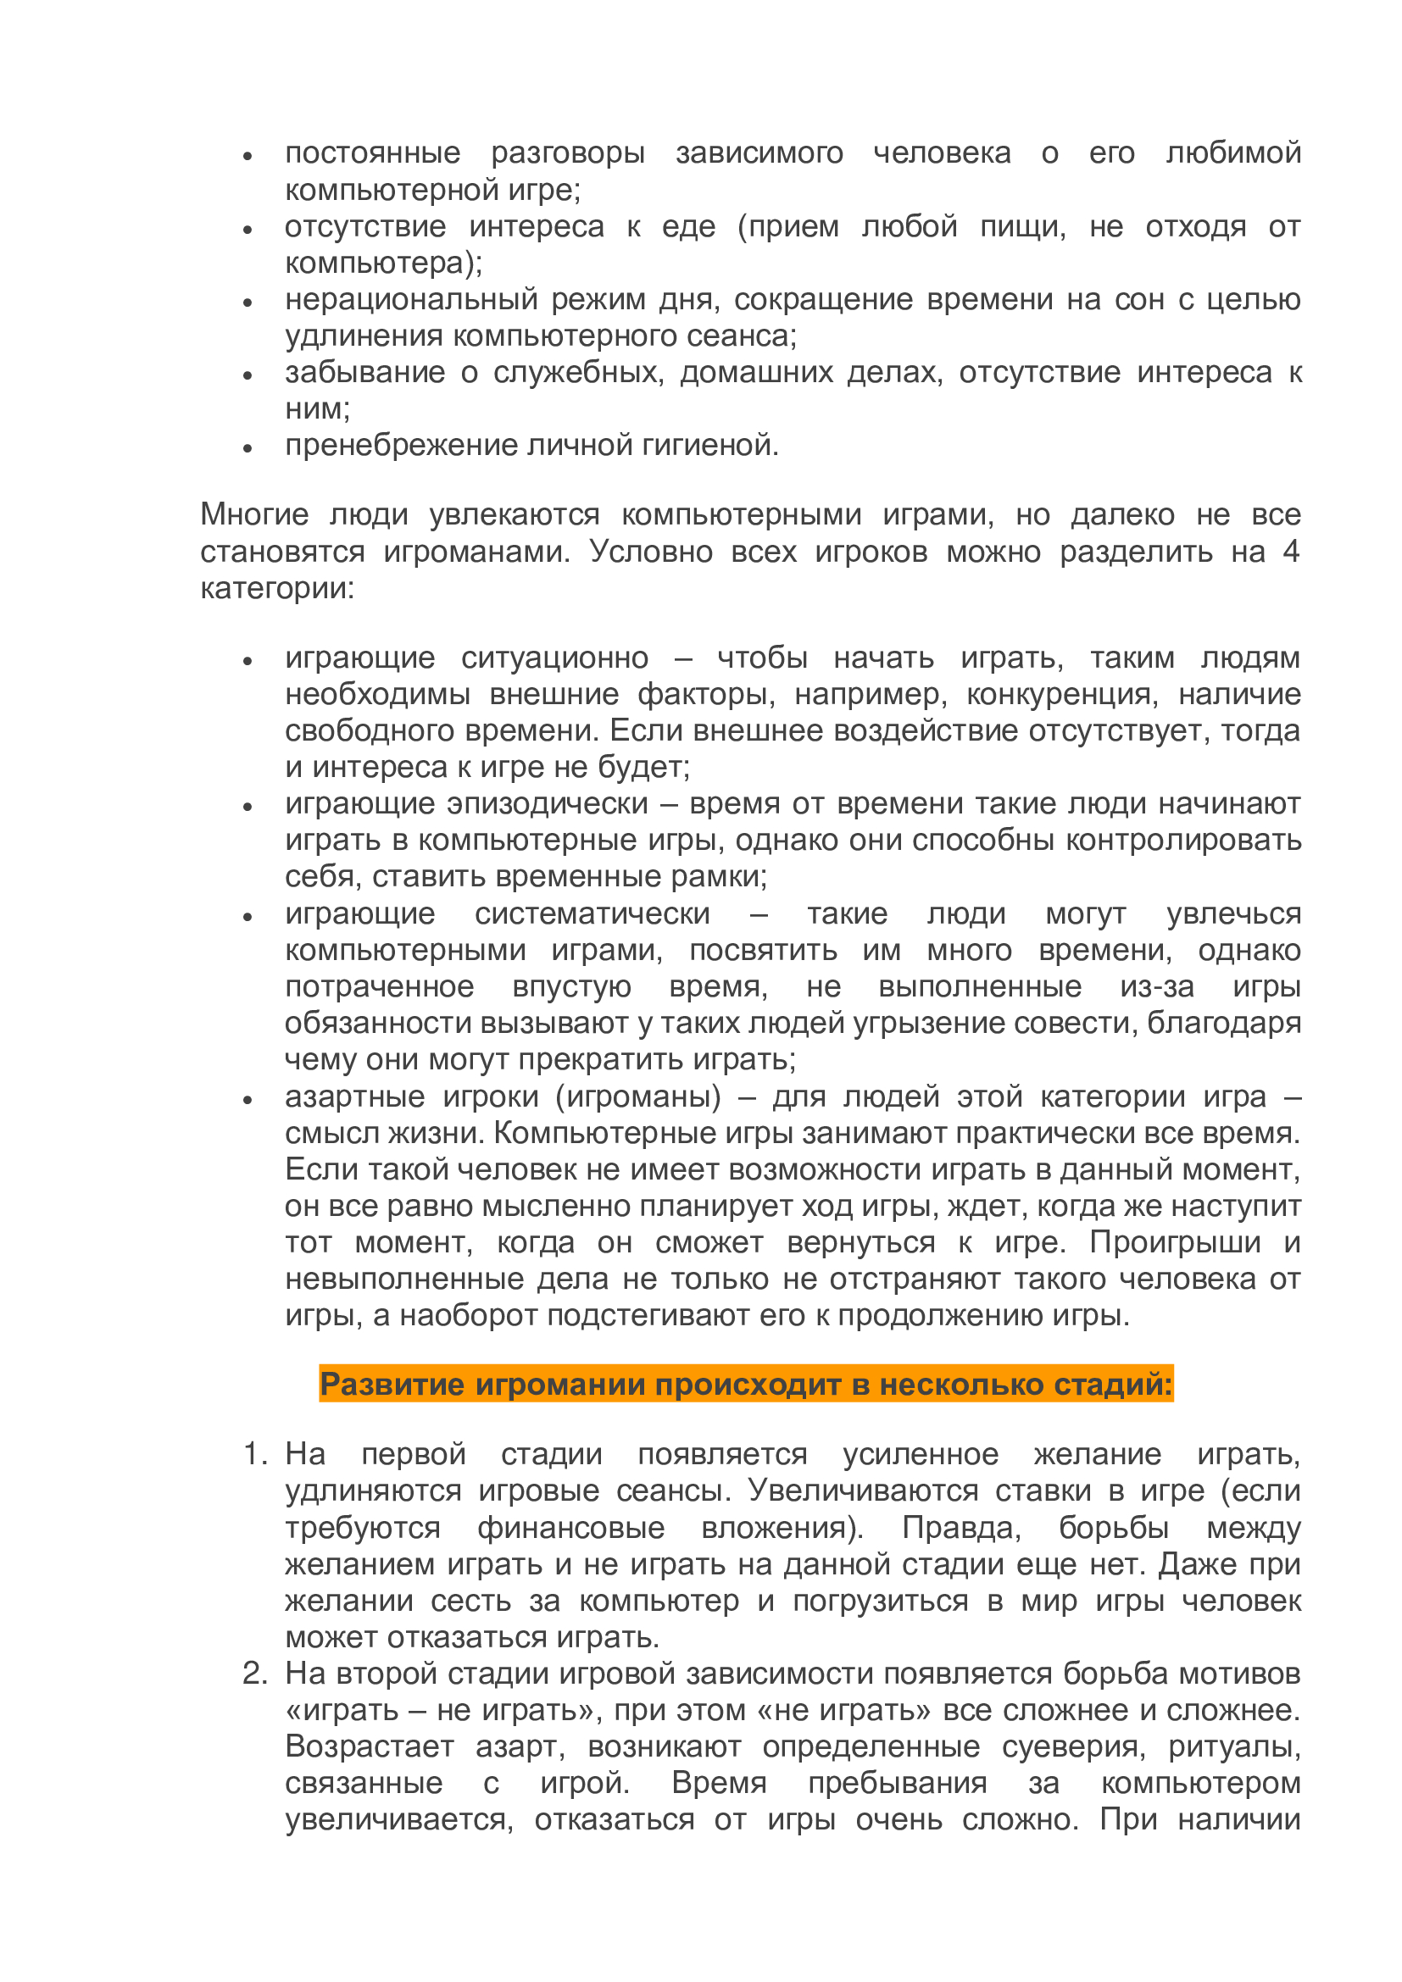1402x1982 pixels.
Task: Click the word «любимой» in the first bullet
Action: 1232,153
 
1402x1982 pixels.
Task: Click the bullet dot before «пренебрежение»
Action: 248,448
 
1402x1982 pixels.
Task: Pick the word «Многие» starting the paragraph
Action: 253,514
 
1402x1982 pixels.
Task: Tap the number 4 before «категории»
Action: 1291,551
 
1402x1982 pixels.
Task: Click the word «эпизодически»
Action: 548,803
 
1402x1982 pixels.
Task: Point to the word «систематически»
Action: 593,913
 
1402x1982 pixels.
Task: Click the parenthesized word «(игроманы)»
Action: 638,1096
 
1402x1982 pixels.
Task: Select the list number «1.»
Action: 255,1456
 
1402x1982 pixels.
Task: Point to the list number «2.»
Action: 255,1674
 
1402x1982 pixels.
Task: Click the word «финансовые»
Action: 570,1528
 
